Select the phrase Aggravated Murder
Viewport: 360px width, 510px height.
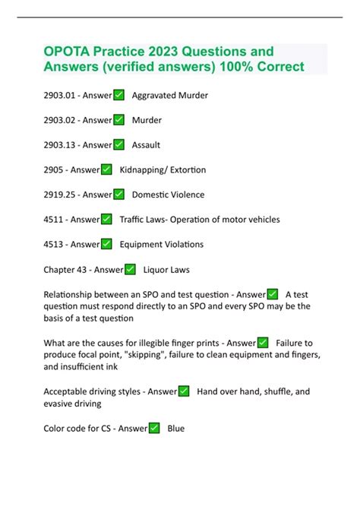click(169, 96)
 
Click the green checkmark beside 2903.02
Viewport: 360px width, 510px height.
click(119, 120)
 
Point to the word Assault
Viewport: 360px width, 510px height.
click(146, 145)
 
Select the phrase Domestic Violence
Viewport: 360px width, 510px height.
click(168, 195)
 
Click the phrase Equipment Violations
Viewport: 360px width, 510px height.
click(162, 244)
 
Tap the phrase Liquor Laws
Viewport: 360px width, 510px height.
click(166, 269)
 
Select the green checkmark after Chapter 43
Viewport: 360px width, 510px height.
click(130, 269)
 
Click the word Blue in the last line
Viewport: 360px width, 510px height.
click(175, 429)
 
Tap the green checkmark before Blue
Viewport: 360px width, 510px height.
click(154, 429)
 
